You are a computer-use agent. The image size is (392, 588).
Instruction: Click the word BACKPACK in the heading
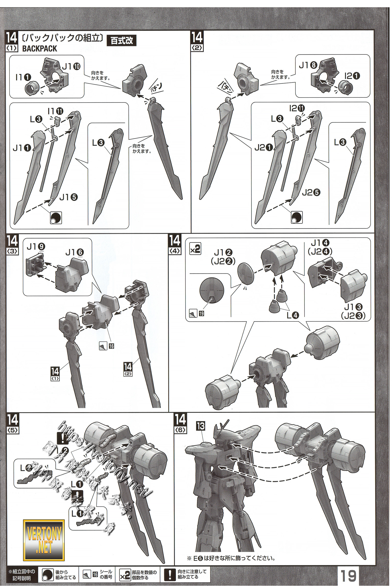pos(39,48)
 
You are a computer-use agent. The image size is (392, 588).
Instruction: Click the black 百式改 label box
pos(122,41)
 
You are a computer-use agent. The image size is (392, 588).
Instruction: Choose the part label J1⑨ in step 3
pos(36,247)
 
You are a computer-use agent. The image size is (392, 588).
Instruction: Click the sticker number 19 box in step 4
pos(201,313)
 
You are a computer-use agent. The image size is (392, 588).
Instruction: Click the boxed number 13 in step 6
pos(201,426)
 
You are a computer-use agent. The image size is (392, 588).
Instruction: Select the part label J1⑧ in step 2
pos(308,65)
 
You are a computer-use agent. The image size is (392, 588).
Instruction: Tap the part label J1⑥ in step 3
pos(75,253)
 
